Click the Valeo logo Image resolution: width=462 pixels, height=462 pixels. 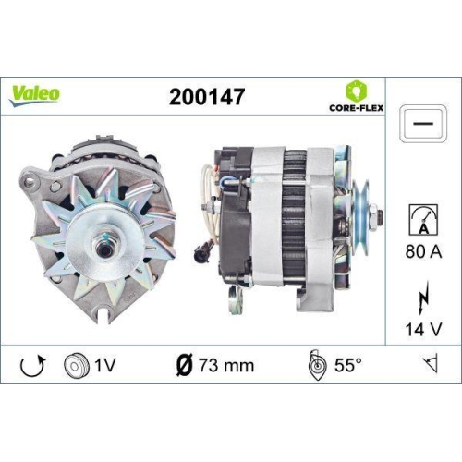coord(36,92)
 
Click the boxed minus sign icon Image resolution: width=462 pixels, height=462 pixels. coord(422,122)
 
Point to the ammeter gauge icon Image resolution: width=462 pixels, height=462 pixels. coord(421,220)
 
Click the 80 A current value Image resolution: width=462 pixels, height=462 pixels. coord(421,249)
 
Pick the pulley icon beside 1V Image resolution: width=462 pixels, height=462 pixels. coord(75,365)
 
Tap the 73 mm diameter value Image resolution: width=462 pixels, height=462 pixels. coord(226,365)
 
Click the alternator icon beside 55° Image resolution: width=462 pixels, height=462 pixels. coord(315,365)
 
